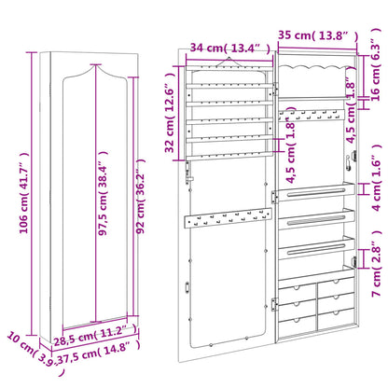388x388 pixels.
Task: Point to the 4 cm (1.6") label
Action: tap(374, 182)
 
